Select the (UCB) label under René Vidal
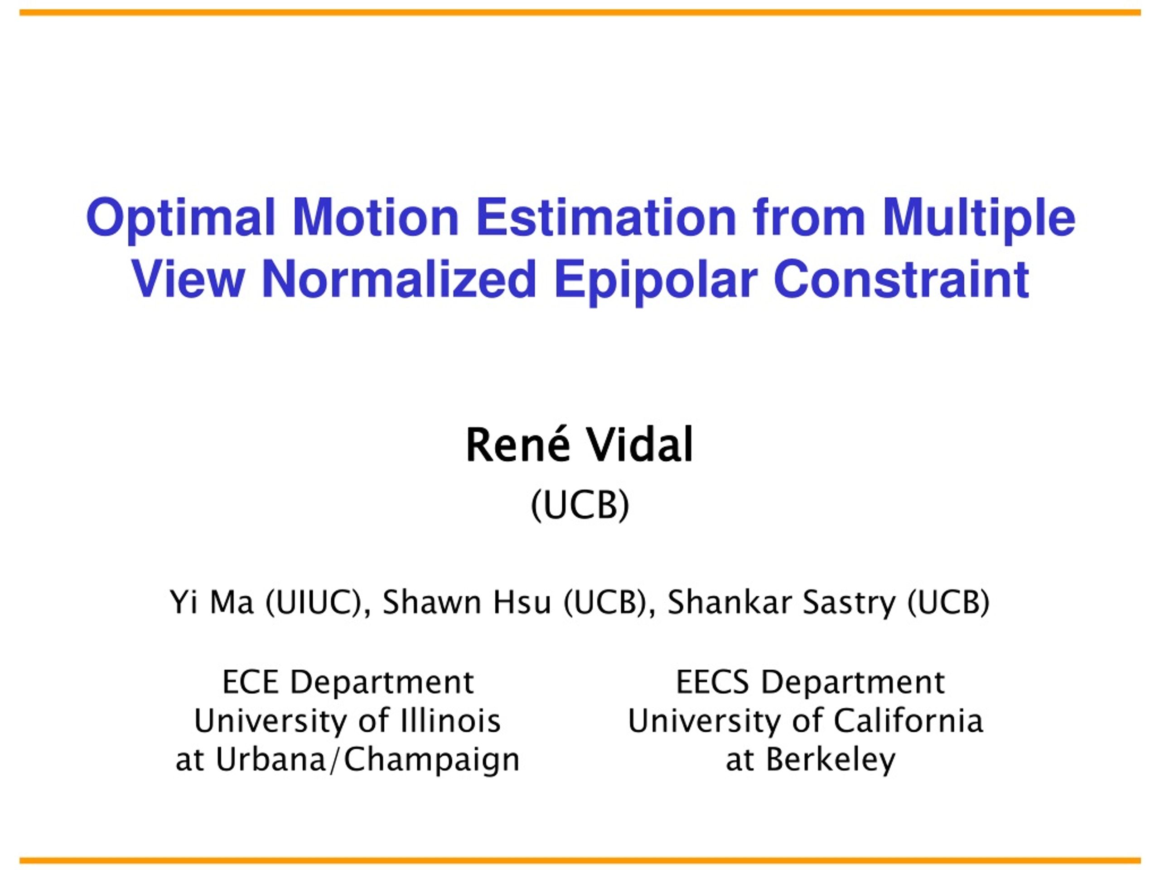[580, 505]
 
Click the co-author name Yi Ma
[212, 602]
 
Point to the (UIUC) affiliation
[314, 603]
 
